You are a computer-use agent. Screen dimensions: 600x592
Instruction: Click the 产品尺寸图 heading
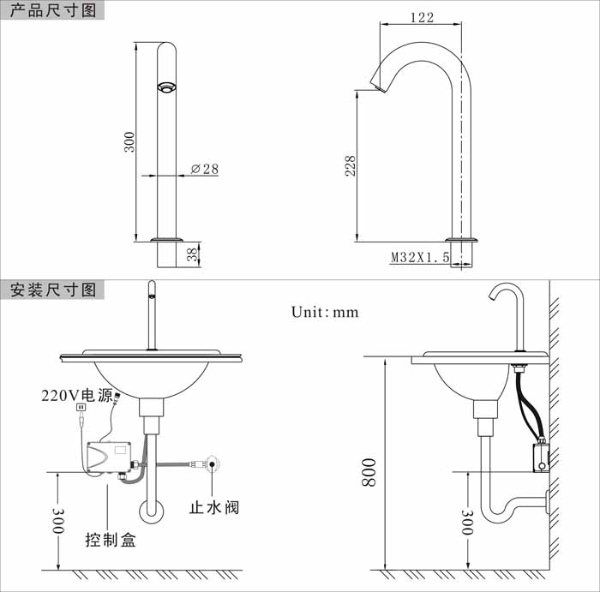53,10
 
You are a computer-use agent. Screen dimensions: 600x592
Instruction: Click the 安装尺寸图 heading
53,290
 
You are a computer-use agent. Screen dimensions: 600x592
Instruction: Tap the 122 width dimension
422,18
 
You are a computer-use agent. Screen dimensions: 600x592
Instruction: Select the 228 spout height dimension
350,165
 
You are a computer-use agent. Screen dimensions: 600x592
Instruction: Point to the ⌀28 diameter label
205,169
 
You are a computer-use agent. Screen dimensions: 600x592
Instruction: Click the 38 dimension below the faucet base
192,254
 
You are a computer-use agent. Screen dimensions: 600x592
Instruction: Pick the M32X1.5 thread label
420,257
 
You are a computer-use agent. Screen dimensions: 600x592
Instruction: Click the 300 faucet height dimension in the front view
129,142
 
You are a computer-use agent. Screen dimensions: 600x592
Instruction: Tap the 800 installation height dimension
369,472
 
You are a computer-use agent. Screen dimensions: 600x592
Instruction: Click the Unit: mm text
325,312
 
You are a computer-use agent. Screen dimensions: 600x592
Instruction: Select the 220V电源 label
76,395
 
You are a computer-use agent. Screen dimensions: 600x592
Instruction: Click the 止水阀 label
214,507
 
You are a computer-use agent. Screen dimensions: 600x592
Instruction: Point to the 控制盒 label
111,540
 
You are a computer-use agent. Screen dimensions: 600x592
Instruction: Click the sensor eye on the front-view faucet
166,87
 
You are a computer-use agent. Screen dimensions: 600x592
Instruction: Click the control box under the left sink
110,457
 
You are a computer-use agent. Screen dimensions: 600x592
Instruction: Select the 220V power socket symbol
81,407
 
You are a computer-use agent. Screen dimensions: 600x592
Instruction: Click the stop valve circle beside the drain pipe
212,463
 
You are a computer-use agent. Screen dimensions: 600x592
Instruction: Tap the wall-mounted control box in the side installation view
540,457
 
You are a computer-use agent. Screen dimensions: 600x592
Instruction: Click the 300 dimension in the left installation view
58,521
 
